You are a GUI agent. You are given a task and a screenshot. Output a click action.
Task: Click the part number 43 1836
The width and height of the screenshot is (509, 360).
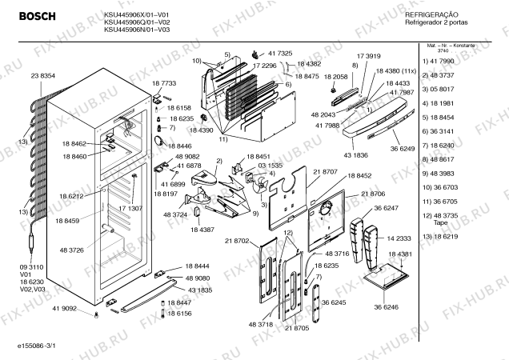pyautogui.click(x=356, y=154)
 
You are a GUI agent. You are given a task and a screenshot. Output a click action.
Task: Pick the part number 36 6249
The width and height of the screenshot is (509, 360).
pyautogui.click(x=403, y=149)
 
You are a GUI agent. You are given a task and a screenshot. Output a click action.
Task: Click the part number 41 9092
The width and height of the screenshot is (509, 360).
pyautogui.click(x=64, y=308)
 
